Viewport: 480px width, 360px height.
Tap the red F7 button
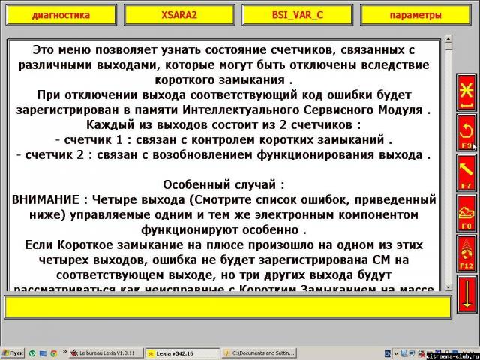[x=466, y=172]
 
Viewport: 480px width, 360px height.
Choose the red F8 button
[x=466, y=212]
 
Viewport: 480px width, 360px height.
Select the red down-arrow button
[x=466, y=293]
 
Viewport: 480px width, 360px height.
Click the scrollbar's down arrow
[x=448, y=286]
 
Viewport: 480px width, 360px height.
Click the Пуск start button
[x=13, y=352]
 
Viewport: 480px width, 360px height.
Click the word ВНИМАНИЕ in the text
[x=46, y=200]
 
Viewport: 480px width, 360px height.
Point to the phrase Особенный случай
[x=223, y=184]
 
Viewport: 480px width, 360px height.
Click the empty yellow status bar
[x=225, y=307]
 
